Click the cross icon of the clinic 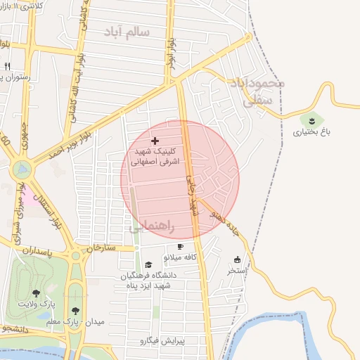(155, 142)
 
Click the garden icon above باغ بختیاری (312, 120)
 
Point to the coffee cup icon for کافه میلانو (181, 247)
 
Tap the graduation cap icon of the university (148, 264)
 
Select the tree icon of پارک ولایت (36, 292)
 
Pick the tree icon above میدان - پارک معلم (75, 311)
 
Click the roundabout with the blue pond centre (22, 169)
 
